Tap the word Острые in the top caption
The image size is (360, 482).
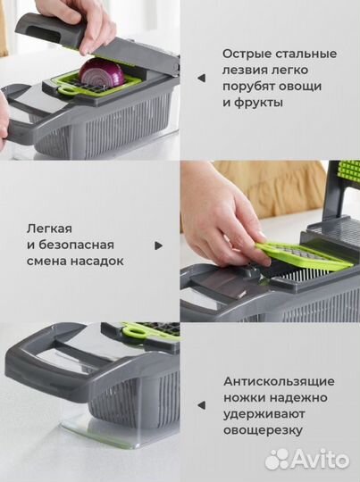click(x=247, y=54)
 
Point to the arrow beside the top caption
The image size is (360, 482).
click(x=201, y=79)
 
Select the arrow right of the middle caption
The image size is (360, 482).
click(x=159, y=244)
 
